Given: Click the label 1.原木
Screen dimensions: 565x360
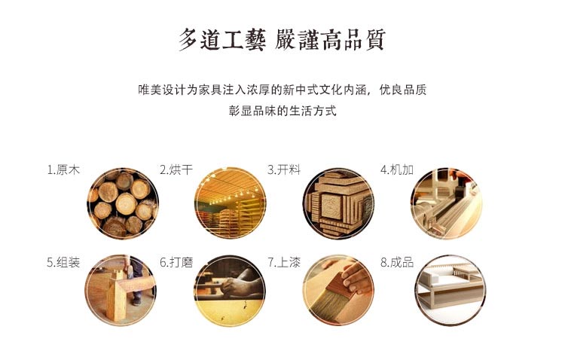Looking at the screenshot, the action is pos(63,169).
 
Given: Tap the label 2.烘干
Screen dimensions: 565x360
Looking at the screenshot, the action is pos(176,169).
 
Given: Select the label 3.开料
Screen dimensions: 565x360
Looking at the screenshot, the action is pos(284,169).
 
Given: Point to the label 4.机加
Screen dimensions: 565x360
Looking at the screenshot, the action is pos(397,169).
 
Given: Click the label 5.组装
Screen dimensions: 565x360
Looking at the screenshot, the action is pos(63,262).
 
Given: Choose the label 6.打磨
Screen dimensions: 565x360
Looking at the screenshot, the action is pos(176,262).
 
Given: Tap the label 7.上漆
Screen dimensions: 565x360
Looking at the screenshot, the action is pos(284,262).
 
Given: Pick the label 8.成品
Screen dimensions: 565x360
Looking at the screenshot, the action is pos(397,262).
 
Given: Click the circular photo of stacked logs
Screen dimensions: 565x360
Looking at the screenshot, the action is pos(123,203).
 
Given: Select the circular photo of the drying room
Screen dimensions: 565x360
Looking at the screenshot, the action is pos(230,203).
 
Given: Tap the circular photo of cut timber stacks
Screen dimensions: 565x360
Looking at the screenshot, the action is pos(338,203).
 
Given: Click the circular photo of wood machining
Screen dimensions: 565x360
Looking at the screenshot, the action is pos(447,203).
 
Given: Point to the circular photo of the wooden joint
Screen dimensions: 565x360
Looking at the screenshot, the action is pos(121,290).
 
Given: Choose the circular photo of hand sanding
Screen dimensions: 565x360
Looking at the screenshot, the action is pos(230,291).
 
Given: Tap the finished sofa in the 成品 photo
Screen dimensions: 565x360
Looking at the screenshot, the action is pos(450,286).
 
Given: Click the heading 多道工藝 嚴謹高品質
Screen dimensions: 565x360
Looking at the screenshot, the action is pos(282,40).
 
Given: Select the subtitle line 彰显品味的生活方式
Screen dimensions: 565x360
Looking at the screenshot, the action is pos(282,111).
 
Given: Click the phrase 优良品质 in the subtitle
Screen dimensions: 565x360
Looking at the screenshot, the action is pos(403,90).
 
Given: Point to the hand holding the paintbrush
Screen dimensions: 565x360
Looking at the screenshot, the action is pos(357,276).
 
